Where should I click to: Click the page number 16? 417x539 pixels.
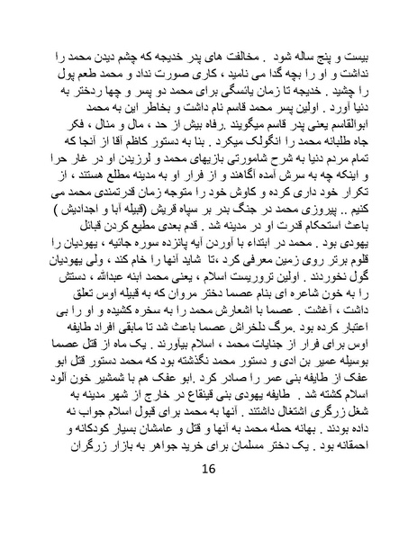(208, 497)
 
